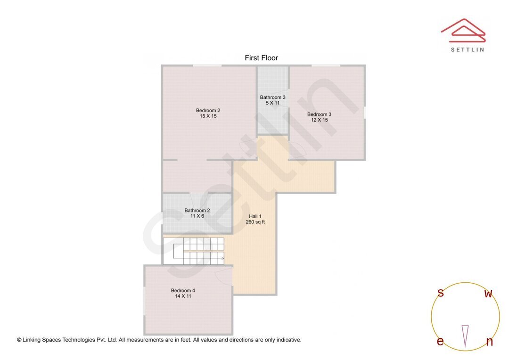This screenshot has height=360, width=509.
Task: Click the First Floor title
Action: [261, 58]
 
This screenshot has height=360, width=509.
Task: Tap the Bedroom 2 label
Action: [208, 111]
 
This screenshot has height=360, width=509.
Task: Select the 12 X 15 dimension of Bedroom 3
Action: [319, 120]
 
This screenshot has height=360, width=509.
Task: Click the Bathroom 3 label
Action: [272, 98]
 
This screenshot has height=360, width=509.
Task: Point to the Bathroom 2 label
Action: [197, 211]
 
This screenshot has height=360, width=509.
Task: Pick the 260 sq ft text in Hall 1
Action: [255, 222]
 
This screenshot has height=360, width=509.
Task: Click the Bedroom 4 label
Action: [183, 291]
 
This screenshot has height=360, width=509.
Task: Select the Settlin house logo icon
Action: [463, 29]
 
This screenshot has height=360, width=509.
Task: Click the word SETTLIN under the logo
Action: [467, 49]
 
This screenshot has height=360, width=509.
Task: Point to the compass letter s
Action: [441, 293]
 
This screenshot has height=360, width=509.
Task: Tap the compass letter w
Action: [488, 294]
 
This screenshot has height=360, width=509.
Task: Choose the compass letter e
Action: [440, 342]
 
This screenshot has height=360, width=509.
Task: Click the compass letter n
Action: [489, 342]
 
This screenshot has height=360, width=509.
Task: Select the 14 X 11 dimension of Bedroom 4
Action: [183, 296]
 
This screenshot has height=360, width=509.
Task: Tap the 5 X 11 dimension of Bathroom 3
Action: [272, 103]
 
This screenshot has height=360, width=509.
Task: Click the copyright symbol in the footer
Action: [19, 340]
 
